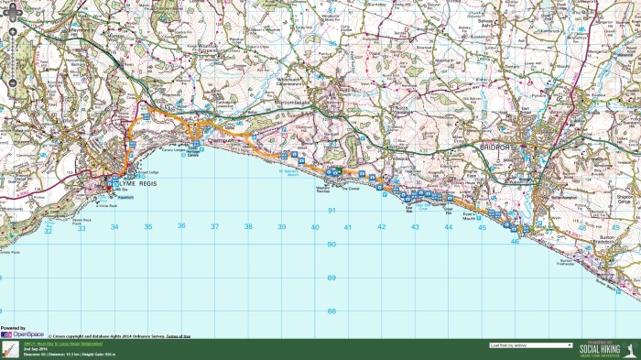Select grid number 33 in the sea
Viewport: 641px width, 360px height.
point(81,226)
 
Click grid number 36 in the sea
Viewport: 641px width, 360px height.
point(181,226)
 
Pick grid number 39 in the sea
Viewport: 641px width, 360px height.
point(282,226)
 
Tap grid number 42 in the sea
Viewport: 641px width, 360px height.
point(382,226)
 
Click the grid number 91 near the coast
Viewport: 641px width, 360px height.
point(331,211)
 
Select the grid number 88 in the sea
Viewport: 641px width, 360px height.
point(331,311)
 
